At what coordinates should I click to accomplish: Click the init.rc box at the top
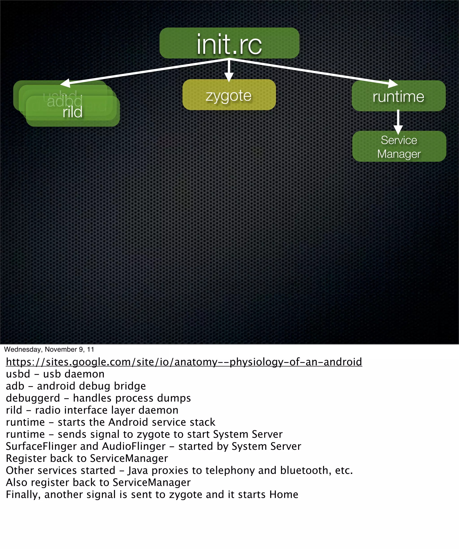pyautogui.click(x=229, y=43)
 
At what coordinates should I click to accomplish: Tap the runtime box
pyautogui.click(x=398, y=96)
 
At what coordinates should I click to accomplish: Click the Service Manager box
pyautogui.click(x=399, y=147)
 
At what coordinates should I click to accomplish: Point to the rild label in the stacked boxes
pyautogui.click(x=73, y=112)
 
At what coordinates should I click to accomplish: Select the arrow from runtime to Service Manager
pyautogui.click(x=398, y=121)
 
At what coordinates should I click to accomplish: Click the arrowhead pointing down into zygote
pyautogui.click(x=229, y=77)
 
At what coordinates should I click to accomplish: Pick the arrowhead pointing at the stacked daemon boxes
pyautogui.click(x=65, y=83)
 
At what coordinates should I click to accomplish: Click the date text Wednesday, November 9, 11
pyautogui.click(x=49, y=350)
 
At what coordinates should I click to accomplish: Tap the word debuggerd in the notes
pyautogui.click(x=33, y=398)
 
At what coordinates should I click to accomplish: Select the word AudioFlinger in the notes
pyautogui.click(x=134, y=447)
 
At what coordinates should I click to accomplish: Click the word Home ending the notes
pyautogui.click(x=284, y=495)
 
